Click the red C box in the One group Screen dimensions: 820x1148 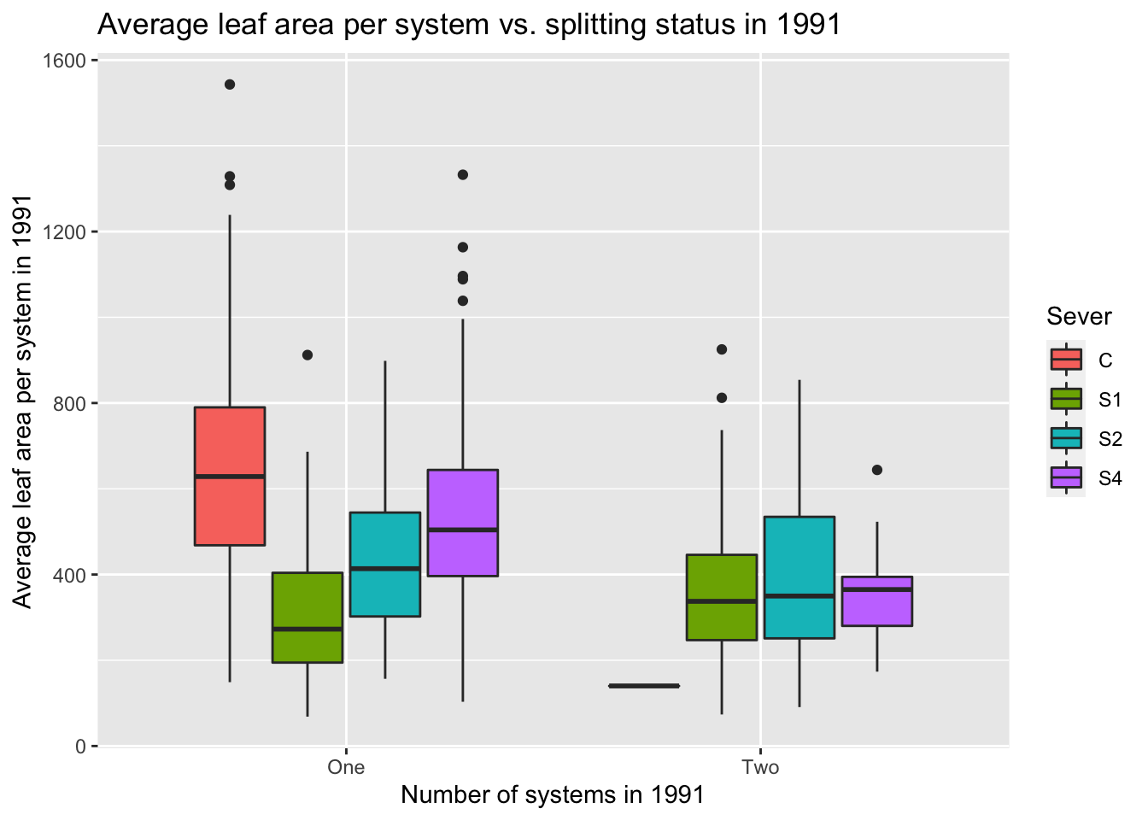pyautogui.click(x=229, y=476)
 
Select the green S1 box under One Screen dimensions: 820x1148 pyautogui.click(x=307, y=617)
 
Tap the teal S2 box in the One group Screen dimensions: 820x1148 pyautogui.click(x=385, y=564)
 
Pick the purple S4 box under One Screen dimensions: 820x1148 pyautogui.click(x=463, y=522)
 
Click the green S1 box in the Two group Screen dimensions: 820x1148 pyautogui.click(x=722, y=597)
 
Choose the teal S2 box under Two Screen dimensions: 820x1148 pyautogui.click(x=799, y=577)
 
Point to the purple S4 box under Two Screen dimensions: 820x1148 pyautogui.click(x=877, y=601)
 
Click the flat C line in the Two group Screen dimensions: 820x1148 pyautogui.click(x=644, y=686)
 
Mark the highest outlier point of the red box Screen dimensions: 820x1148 pyautogui.click(x=230, y=85)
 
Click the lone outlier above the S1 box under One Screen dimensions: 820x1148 pyautogui.click(x=307, y=355)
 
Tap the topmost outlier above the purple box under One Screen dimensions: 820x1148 pyautogui.click(x=463, y=175)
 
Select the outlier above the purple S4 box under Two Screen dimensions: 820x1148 pyautogui.click(x=877, y=470)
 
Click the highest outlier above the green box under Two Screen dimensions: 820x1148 pyautogui.click(x=722, y=349)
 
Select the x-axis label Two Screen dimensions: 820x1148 pyautogui.click(x=760, y=767)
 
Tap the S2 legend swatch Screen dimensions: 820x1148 pyautogui.click(x=1066, y=438)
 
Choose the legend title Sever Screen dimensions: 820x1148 pyautogui.click(x=1079, y=317)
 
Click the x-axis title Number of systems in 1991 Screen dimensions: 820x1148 pyautogui.click(x=553, y=795)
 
